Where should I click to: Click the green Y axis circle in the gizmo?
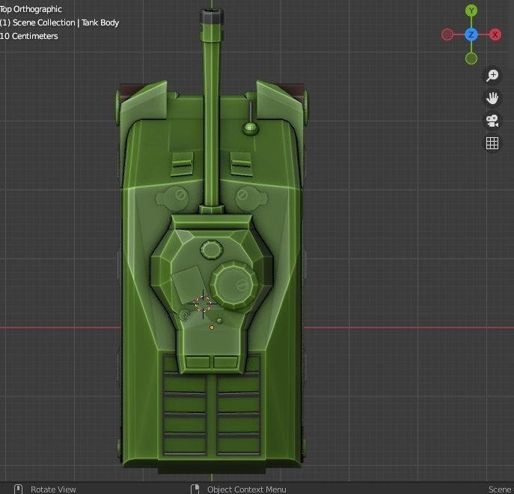pyautogui.click(x=471, y=10)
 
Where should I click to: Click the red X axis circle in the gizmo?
pyautogui.click(x=495, y=35)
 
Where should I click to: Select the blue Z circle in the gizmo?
pyautogui.click(x=471, y=35)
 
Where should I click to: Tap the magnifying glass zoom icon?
pyautogui.click(x=492, y=76)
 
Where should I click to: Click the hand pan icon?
pyautogui.click(x=492, y=98)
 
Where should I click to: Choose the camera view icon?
pyautogui.click(x=492, y=121)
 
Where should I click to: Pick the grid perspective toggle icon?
pyautogui.click(x=492, y=143)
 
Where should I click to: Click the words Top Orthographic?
pyautogui.click(x=31, y=9)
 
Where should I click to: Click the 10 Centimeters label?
pyautogui.click(x=30, y=36)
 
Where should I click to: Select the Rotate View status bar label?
pyautogui.click(x=53, y=489)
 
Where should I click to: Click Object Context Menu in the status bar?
pyautogui.click(x=246, y=489)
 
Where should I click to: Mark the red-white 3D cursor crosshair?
pyautogui.click(x=204, y=304)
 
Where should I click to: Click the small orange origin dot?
pyautogui.click(x=212, y=328)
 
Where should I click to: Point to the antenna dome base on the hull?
pyautogui.click(x=250, y=128)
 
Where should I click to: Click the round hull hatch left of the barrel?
pyautogui.click(x=180, y=196)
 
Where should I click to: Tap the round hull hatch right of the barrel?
pyautogui.click(x=242, y=196)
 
